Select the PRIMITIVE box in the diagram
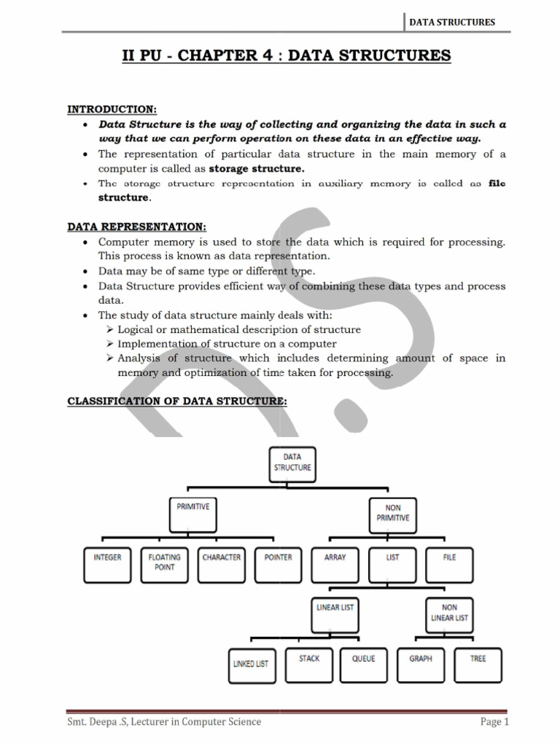(193, 511)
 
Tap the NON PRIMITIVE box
(393, 513)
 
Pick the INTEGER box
(107, 562)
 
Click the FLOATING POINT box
(165, 562)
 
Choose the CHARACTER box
(222, 562)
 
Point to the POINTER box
(278, 562)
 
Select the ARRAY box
(335, 562)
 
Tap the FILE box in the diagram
(449, 562)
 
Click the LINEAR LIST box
(336, 612)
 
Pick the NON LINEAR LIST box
(450, 613)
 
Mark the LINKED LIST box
(251, 664)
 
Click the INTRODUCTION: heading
(112, 109)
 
